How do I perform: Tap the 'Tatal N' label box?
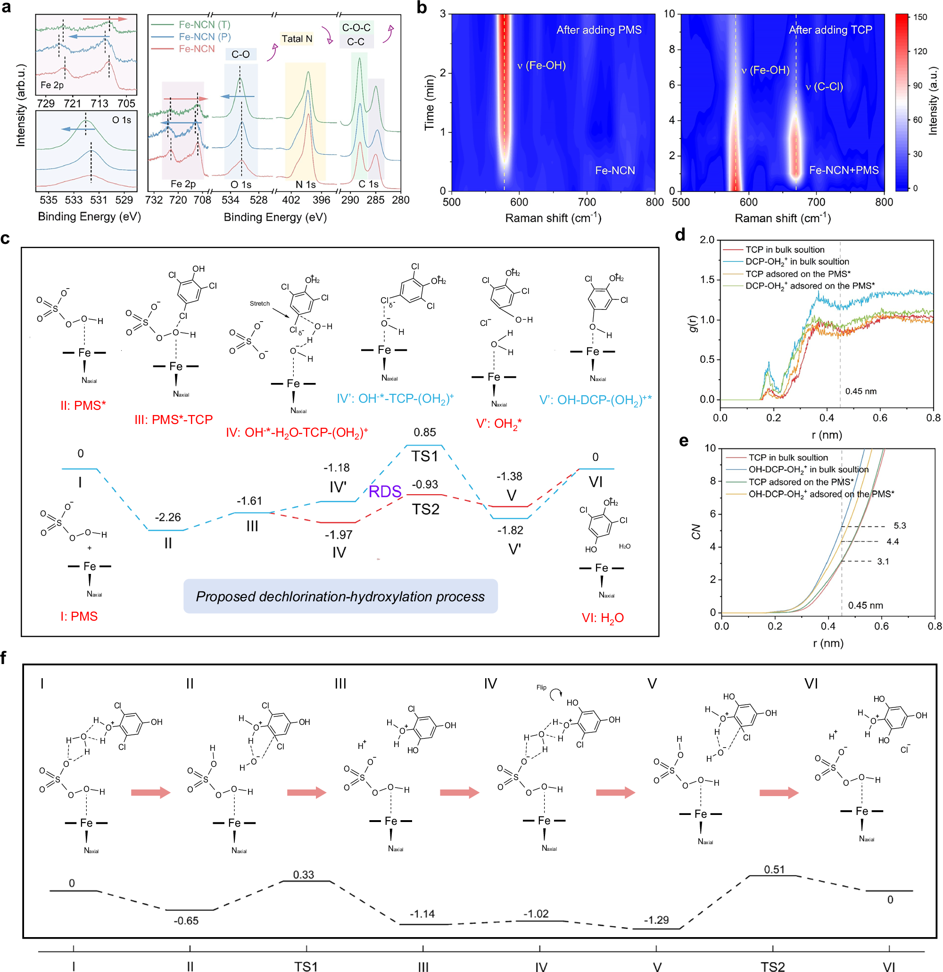point(297,39)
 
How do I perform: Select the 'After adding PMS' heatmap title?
point(598,30)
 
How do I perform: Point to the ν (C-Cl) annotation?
point(824,87)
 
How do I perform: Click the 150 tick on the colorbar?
point(920,17)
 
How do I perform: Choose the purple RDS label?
point(385,491)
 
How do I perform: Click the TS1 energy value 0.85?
point(424,432)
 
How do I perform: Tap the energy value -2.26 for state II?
point(167,517)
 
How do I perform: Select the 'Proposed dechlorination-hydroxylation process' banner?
point(340,596)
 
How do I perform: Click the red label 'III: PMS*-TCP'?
point(174,420)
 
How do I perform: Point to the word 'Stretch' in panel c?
point(260,304)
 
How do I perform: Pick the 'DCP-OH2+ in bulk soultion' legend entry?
point(797,261)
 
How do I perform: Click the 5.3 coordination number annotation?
point(899,526)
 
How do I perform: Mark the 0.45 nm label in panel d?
point(860,391)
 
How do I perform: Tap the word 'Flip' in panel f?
point(541,687)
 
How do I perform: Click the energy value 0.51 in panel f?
point(774,869)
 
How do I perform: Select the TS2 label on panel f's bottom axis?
point(772,966)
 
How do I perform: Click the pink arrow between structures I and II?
point(150,792)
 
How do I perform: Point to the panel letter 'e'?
point(684,440)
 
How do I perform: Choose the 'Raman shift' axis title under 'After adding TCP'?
point(782,218)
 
